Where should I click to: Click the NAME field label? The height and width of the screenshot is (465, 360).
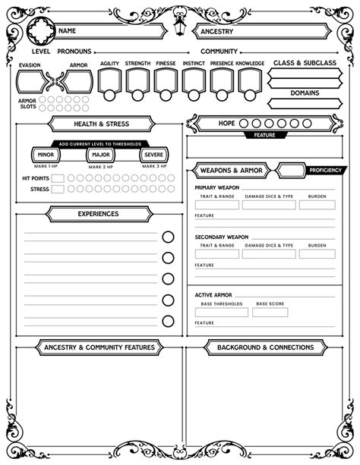click(x=67, y=31)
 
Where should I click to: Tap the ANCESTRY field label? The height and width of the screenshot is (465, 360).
click(x=217, y=31)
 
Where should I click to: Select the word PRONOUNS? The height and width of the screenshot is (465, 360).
click(x=74, y=51)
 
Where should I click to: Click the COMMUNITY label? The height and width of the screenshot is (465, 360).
click(x=219, y=51)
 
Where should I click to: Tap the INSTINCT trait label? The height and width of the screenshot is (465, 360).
click(x=194, y=64)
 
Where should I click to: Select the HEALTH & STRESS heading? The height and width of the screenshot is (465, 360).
click(x=101, y=124)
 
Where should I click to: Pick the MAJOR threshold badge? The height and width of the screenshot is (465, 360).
click(x=99, y=155)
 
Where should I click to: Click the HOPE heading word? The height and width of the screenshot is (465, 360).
click(x=226, y=123)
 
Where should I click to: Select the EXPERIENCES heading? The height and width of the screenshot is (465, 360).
click(x=98, y=214)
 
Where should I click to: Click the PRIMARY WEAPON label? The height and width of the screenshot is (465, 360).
click(x=217, y=187)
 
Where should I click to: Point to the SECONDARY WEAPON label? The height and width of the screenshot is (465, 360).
click(x=221, y=237)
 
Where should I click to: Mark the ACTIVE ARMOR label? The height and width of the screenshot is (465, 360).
click(x=213, y=294)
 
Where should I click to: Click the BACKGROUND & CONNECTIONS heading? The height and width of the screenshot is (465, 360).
click(x=265, y=347)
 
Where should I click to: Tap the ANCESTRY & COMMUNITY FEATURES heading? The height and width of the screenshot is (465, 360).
click(x=99, y=347)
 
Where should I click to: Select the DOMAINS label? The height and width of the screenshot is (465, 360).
click(x=304, y=93)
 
